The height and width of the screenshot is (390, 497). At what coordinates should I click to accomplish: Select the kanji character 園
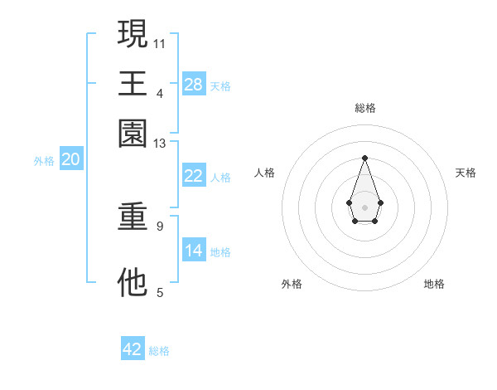tap(133, 133)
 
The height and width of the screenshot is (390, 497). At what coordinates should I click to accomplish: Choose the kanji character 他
tap(133, 282)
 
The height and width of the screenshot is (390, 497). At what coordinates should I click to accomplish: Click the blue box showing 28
tap(194, 85)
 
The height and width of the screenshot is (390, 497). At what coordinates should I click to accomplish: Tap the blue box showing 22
tap(194, 176)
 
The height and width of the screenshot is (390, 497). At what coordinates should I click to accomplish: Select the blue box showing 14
tap(194, 251)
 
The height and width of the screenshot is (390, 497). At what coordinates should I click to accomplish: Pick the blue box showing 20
tap(70, 160)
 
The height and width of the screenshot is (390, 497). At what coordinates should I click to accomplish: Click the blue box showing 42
tap(133, 349)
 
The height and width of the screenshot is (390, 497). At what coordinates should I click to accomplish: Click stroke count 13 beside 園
tap(160, 144)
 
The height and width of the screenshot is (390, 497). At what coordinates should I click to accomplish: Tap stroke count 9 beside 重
tap(160, 225)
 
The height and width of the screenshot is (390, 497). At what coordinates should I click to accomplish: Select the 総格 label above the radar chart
tap(364, 109)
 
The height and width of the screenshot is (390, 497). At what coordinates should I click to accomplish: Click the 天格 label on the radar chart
tap(466, 173)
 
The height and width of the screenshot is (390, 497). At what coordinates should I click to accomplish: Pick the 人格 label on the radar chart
tap(265, 173)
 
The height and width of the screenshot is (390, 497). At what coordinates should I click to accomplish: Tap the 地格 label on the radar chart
tap(434, 285)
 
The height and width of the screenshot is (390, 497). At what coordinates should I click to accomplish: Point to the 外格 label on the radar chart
tap(292, 285)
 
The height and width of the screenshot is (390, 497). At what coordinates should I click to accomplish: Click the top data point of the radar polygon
tap(364, 158)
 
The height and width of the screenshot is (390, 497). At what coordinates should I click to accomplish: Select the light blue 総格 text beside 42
tap(159, 351)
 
